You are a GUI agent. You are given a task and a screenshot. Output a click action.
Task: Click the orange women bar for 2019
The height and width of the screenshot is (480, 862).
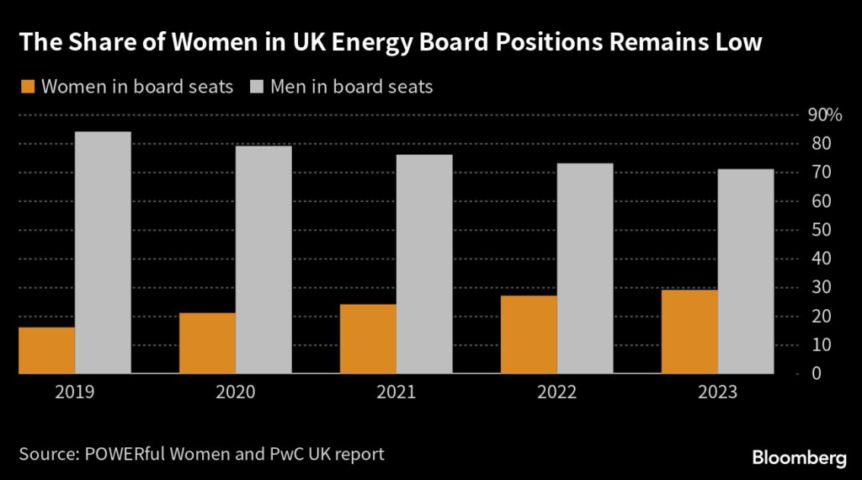(46, 350)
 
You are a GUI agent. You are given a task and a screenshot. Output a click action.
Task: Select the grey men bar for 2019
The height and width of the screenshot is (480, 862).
(103, 253)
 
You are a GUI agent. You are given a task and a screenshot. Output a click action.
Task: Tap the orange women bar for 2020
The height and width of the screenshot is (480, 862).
(207, 343)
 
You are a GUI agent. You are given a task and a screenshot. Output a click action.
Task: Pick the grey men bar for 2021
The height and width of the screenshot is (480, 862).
(424, 264)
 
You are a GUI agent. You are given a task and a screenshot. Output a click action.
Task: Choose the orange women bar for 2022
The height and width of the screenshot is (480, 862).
(529, 334)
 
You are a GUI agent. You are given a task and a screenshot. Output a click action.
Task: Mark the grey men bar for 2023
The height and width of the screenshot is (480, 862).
(746, 271)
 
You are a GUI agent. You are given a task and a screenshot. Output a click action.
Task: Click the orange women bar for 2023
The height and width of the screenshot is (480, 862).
(689, 331)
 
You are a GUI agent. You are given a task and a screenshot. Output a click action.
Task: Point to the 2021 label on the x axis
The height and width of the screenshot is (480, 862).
(396, 393)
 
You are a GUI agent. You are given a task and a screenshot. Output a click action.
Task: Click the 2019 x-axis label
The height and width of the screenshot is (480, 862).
(75, 393)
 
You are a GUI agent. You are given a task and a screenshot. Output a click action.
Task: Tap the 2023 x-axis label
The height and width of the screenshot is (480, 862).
(717, 393)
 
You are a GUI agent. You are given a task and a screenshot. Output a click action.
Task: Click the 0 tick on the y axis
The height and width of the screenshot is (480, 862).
(814, 373)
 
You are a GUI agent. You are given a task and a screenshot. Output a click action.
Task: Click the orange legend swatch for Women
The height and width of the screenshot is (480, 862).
(28, 87)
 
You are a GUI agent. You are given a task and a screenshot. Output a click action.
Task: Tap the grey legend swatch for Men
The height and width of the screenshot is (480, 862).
(258, 87)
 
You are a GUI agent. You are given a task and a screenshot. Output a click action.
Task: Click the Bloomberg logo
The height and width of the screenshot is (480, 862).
(799, 457)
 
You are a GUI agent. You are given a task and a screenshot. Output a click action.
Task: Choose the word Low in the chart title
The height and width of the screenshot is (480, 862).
(737, 44)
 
